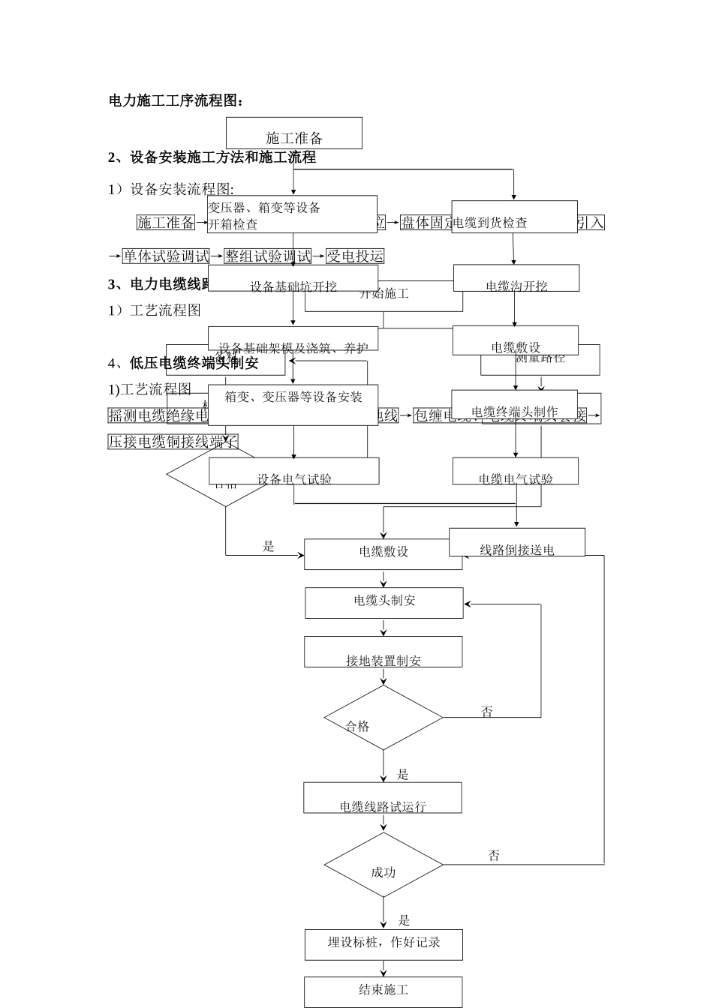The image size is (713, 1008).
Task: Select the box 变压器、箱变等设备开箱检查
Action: [292, 215]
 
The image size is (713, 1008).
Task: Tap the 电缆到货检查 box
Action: [514, 217]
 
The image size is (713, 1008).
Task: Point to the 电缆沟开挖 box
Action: [516, 278]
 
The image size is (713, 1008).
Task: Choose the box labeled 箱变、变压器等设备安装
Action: [293, 406]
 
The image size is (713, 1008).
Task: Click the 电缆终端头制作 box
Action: [514, 406]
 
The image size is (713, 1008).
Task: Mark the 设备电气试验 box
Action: [293, 472]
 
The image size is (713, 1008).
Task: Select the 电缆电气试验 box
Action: [515, 472]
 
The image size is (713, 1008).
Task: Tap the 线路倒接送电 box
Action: [516, 542]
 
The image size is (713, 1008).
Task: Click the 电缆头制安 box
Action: [384, 602]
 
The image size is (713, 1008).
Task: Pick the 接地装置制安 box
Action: [383, 652]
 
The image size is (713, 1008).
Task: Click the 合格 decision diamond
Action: [383, 718]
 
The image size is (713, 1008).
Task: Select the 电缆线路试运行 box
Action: [382, 798]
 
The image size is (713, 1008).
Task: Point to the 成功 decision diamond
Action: [383, 865]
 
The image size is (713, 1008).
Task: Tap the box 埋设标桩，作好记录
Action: [383, 944]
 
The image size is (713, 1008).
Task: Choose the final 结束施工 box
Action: [383, 991]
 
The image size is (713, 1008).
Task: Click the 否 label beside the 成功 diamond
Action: [494, 856]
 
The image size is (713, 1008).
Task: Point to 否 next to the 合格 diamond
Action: [487, 712]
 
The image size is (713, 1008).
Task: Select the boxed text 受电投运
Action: [355, 256]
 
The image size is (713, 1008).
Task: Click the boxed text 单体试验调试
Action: [166, 256]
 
